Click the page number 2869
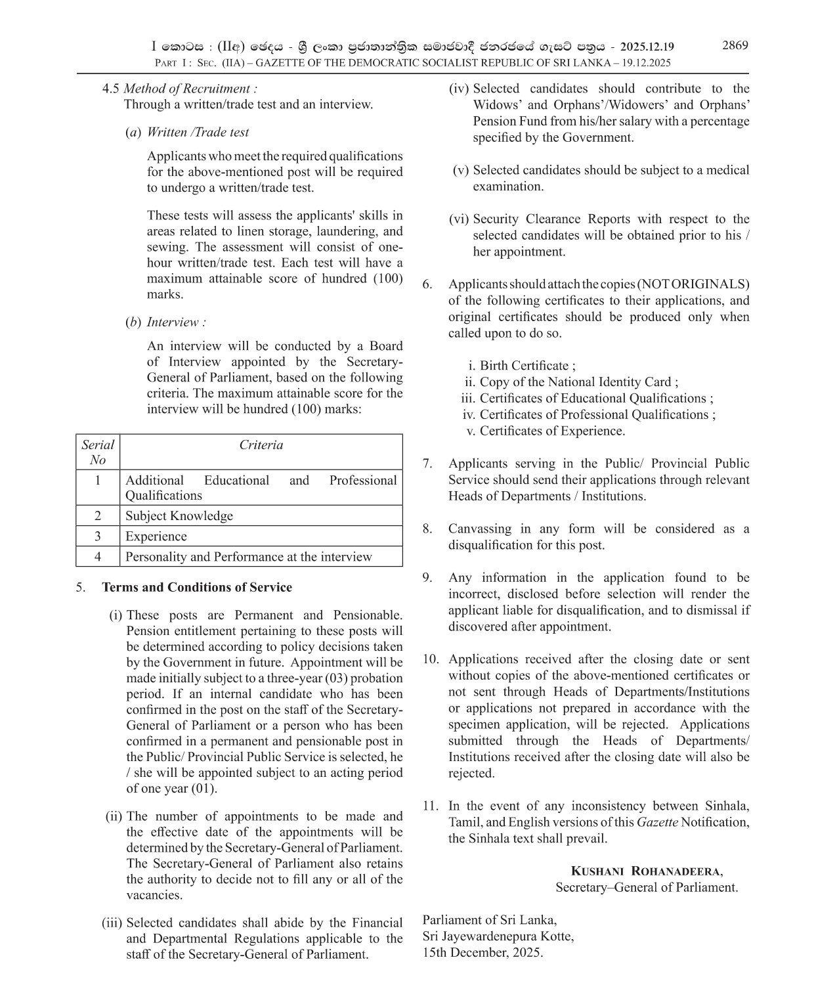735,45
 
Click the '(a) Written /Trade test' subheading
187,132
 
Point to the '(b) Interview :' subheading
166,322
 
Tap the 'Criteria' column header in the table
261,445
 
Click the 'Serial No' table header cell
98,452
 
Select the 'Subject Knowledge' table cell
179,515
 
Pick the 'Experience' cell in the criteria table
156,536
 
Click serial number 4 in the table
98,556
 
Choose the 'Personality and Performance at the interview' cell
249,556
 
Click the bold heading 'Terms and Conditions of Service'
197,587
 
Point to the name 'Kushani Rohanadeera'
647,871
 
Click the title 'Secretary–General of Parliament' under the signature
647,887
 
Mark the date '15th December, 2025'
483,952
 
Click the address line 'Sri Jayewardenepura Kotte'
498,936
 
